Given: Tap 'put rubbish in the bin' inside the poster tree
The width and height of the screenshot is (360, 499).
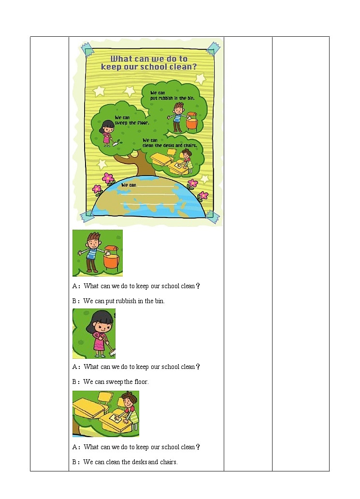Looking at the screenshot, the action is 173,98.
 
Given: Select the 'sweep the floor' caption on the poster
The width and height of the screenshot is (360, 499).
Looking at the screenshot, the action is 131,122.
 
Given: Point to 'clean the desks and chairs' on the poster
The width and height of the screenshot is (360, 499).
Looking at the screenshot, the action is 170,145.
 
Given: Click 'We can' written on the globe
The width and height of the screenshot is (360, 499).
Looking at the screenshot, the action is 129,185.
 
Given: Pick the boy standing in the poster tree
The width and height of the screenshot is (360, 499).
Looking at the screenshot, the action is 177,117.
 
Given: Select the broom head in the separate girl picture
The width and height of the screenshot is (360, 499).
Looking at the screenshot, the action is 111,354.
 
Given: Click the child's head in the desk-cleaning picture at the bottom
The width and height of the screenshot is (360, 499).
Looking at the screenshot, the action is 130,399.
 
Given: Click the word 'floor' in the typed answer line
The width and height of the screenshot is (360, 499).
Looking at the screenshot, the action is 141,382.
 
